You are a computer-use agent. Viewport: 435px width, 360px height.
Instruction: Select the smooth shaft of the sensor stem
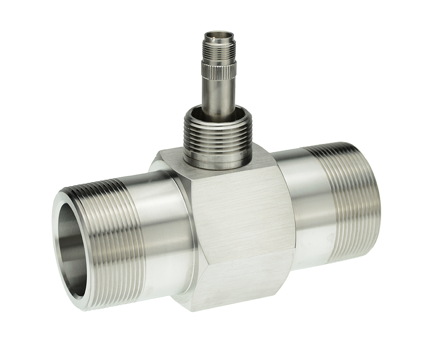217,96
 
